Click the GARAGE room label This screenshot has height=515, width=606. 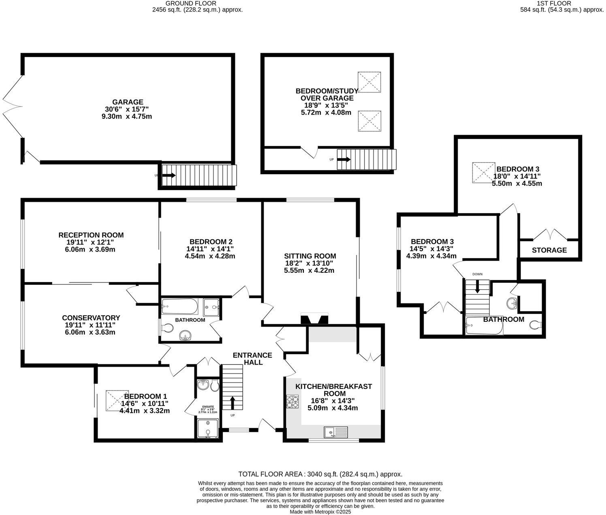pyautogui.click(x=128, y=102)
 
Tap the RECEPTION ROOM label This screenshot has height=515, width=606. pyautogui.click(x=91, y=235)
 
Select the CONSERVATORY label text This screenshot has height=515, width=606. pyautogui.click(x=91, y=318)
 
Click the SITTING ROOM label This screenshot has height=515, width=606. pyautogui.click(x=310, y=256)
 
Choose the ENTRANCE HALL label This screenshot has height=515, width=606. pyautogui.click(x=252, y=359)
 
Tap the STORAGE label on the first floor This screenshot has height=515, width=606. pyautogui.click(x=549, y=250)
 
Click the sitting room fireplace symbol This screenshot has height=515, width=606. pyautogui.click(x=314, y=319)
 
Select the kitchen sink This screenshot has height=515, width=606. pyautogui.click(x=336, y=432)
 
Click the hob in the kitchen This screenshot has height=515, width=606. pyautogui.click(x=293, y=401)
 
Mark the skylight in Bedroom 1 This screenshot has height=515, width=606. pyautogui.click(x=114, y=400)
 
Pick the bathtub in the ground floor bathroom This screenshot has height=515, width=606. pyautogui.click(x=180, y=307)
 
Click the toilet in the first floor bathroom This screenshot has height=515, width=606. pyautogui.click(x=536, y=325)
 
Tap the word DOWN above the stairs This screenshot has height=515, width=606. pyautogui.click(x=477, y=274)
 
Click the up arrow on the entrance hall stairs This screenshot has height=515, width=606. pyautogui.click(x=233, y=403)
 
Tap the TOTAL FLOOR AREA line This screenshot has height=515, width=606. pyautogui.click(x=320, y=474)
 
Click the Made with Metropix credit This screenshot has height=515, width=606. pyautogui.click(x=320, y=512)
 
